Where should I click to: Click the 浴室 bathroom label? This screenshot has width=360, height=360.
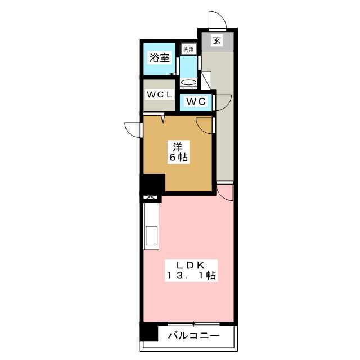(x=160, y=57)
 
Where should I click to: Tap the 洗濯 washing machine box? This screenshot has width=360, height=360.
(x=189, y=49)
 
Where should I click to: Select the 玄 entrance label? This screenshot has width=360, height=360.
(x=217, y=40)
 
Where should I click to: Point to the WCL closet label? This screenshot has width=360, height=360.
(x=160, y=94)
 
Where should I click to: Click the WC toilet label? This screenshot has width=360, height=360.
(x=196, y=101)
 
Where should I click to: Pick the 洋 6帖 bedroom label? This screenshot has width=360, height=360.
(x=178, y=152)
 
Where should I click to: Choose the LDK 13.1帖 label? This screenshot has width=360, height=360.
(x=191, y=270)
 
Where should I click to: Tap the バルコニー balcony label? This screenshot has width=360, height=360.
(x=194, y=336)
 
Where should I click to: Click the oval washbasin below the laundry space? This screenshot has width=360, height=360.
(x=189, y=82)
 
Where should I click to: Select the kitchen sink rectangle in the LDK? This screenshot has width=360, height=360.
(x=152, y=235)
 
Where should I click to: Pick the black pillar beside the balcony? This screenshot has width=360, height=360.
(x=149, y=331)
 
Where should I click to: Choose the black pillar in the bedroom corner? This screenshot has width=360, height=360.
(x=152, y=184)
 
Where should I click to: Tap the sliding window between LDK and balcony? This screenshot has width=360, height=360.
(x=193, y=324)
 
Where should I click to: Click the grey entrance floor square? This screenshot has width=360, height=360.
(x=218, y=42)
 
